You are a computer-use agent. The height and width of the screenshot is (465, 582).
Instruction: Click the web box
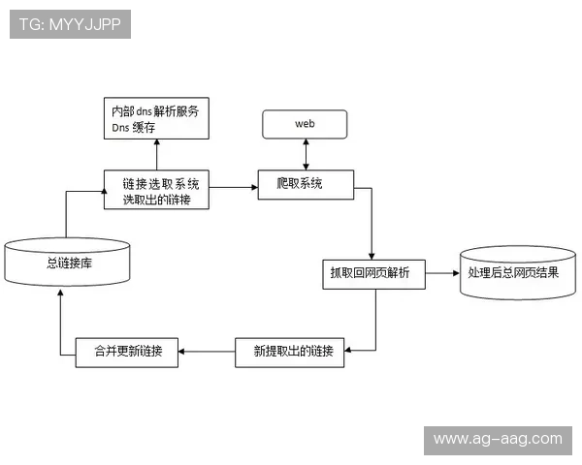tap(306, 124)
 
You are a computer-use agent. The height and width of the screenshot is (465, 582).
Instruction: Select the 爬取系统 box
tap(305, 184)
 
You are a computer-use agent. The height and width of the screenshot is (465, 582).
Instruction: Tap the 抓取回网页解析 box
tap(372, 274)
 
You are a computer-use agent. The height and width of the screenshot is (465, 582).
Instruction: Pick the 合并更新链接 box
tap(128, 352)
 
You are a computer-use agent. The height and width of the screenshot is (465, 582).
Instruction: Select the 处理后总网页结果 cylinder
tap(513, 273)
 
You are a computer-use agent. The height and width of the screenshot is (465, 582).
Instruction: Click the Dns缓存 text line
tap(133, 128)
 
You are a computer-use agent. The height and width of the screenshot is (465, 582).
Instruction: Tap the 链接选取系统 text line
tap(161, 183)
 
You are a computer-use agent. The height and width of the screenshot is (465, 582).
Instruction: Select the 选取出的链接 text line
tap(156, 200)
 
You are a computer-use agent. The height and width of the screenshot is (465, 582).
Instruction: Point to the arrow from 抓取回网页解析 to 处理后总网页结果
tap(441, 274)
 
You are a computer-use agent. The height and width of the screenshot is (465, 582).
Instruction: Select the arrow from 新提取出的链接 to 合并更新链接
tap(207, 352)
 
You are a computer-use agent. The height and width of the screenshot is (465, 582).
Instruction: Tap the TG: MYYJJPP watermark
tap(71, 24)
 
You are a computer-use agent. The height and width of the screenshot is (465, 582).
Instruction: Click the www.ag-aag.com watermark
tap(497, 440)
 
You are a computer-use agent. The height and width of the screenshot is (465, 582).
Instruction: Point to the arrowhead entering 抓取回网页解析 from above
tap(372, 255)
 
